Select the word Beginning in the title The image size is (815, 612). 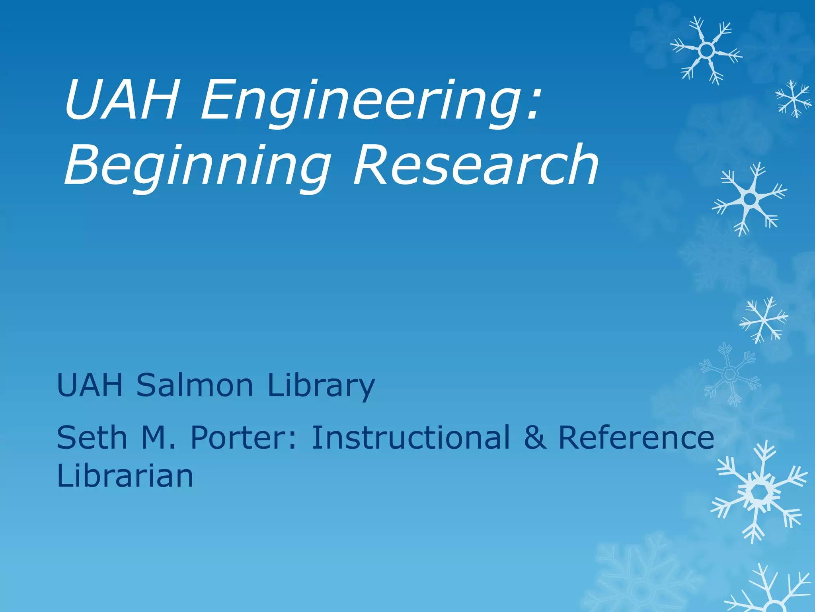[x=197, y=165]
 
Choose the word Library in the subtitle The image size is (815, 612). [x=321, y=386]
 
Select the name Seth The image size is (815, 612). [x=92, y=437]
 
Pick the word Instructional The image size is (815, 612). [x=410, y=437]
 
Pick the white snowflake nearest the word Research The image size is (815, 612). [x=750, y=198]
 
